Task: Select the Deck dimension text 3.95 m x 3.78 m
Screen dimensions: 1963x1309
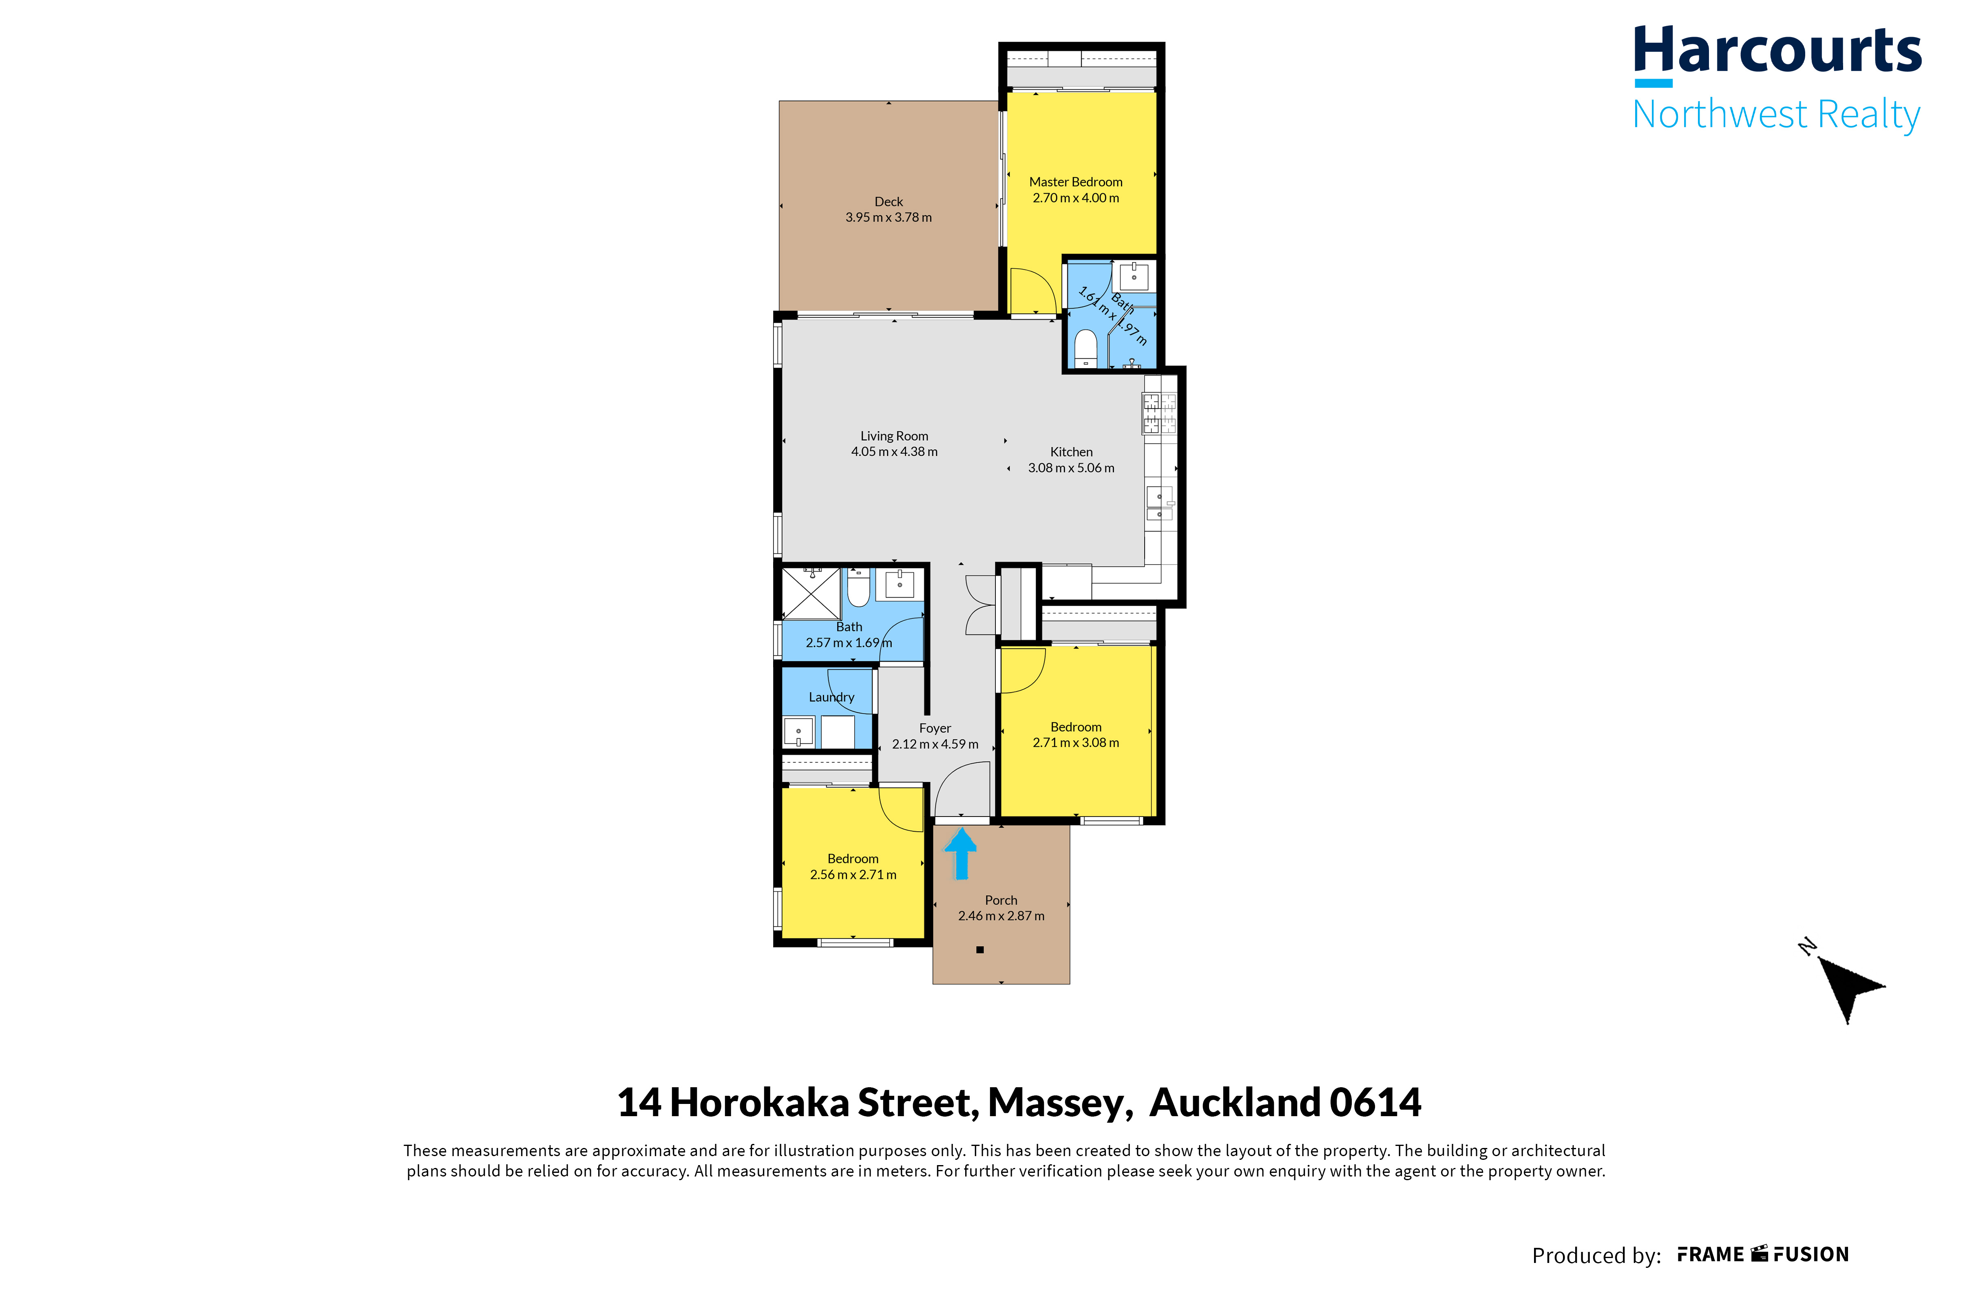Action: (x=889, y=217)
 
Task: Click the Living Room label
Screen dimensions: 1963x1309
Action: (x=894, y=436)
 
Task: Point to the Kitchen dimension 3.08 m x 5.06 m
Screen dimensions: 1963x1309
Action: (x=1071, y=468)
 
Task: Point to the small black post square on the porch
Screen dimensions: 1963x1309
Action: (x=980, y=949)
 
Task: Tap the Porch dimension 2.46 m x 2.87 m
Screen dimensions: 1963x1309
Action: (x=1001, y=916)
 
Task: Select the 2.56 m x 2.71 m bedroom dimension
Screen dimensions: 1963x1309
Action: (x=853, y=875)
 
